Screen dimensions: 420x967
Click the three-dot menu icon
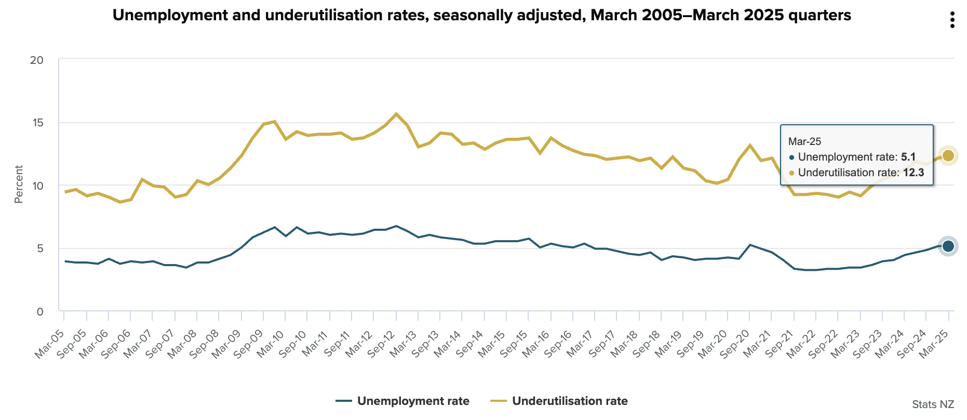(952, 20)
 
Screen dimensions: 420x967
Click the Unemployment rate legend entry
(402, 401)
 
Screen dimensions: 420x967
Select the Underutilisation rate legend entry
(559, 401)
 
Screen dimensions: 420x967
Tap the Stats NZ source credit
(933, 404)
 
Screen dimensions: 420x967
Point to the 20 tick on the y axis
(36, 60)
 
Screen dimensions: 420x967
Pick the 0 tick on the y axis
(39, 312)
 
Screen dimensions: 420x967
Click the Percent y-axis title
(19, 185)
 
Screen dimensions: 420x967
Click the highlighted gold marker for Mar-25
(948, 155)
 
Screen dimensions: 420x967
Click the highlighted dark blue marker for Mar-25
(948, 246)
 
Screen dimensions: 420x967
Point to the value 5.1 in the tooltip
(908, 157)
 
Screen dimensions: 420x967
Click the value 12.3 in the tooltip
(914, 173)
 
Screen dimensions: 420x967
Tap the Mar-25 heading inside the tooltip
(804, 141)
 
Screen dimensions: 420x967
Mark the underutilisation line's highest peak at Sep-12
(396, 114)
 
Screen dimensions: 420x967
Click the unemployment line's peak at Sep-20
(749, 245)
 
